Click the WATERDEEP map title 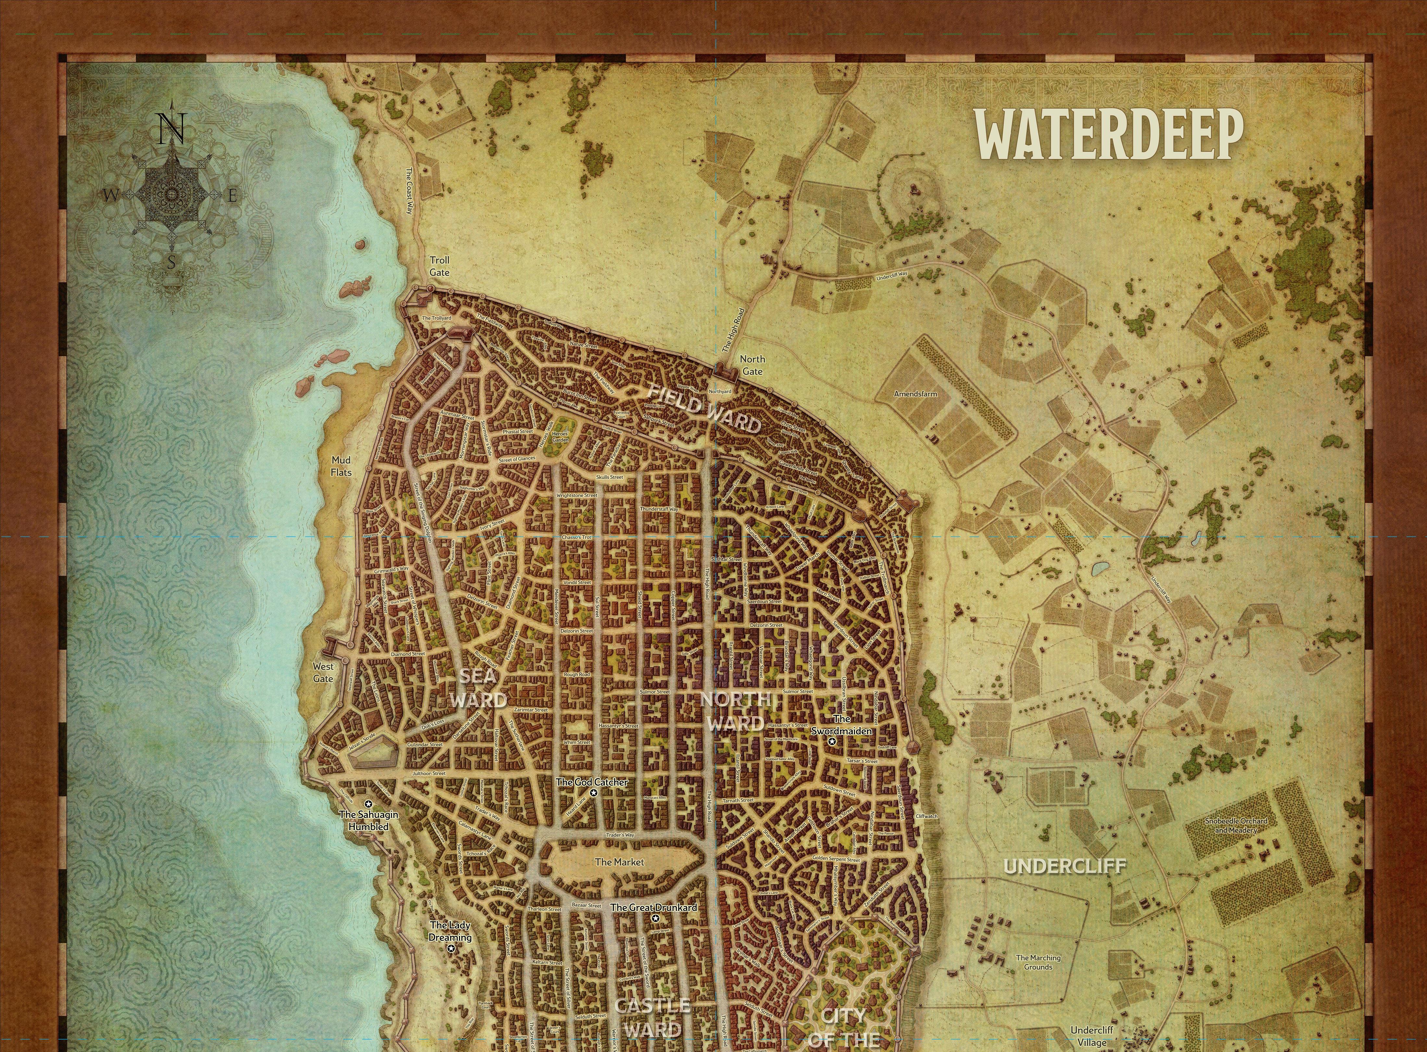point(1110,134)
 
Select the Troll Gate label point(440,266)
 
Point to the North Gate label point(752,365)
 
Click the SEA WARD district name point(478,688)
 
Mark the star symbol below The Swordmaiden point(831,741)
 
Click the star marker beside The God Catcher point(594,793)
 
